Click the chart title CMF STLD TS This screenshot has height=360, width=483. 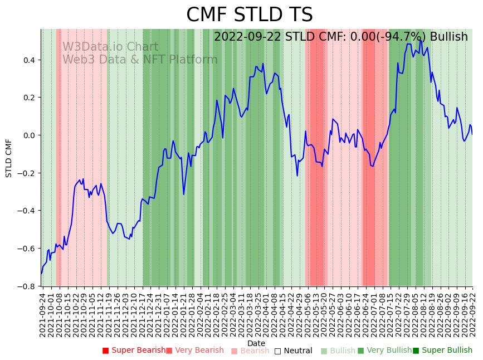pyautogui.click(x=249, y=15)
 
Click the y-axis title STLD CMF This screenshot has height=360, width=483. pyautogui.click(x=9, y=158)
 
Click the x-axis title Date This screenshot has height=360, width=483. pyautogui.click(x=256, y=343)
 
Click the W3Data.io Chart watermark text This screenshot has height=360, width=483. pyautogui.click(x=110, y=47)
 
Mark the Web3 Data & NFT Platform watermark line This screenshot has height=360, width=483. pyautogui.click(x=140, y=60)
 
